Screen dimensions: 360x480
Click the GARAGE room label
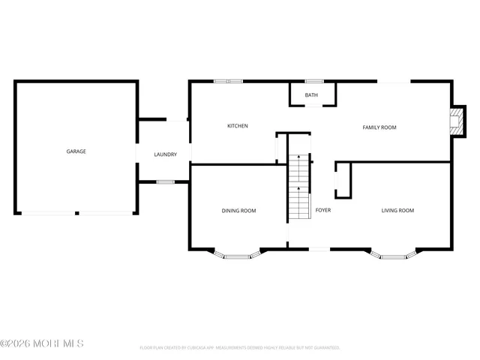coord(76,151)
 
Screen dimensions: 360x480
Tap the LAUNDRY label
coord(165,154)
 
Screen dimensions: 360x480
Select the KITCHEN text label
coord(238,126)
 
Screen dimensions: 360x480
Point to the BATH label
coord(311,95)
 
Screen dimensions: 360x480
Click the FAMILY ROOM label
coord(379,127)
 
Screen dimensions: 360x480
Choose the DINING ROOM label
coord(238,211)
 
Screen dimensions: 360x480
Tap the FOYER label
coord(323,210)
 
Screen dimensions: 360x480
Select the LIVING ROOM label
coord(397,211)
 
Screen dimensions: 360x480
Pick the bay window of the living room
coord(393,256)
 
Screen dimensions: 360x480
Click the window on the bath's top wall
coord(313,81)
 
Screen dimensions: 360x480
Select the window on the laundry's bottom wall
coord(165,181)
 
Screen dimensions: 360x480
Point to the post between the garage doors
coord(76,213)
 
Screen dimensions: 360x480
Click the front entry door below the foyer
coord(319,249)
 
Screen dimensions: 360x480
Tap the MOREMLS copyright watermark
coord(42,343)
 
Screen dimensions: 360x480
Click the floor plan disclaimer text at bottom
coord(240,348)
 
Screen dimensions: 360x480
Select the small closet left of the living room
coord(343,181)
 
